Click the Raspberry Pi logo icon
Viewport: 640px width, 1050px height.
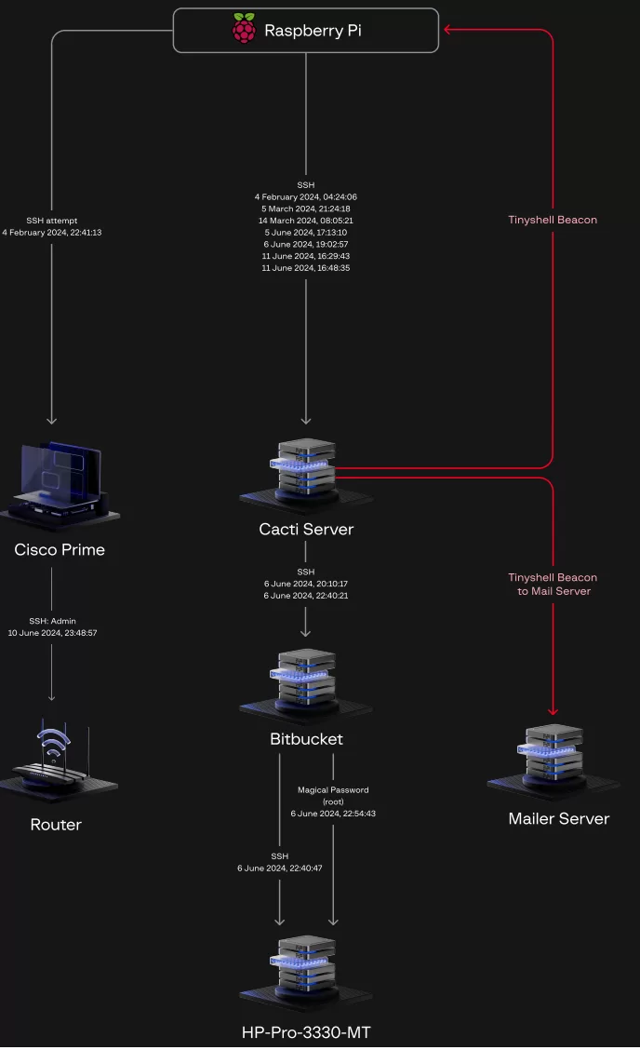pos(244,30)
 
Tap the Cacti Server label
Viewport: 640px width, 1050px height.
pos(306,530)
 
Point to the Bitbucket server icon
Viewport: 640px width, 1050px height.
pos(306,683)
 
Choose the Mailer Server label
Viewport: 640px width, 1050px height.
pos(558,819)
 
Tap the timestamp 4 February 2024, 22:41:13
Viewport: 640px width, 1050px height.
pos(52,233)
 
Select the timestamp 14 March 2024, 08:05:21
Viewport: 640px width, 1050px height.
pos(306,221)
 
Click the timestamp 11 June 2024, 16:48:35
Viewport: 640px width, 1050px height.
pos(306,268)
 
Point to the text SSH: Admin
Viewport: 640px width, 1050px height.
pos(52,620)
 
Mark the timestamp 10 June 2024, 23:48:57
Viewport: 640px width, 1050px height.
pos(52,633)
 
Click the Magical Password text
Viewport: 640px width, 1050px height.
pos(333,790)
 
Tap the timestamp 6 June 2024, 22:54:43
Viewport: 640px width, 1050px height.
pos(333,814)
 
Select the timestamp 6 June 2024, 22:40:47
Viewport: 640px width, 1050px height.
pos(280,868)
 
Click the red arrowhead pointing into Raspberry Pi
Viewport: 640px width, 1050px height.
pos(447,30)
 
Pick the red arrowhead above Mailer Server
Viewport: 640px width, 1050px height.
pos(553,712)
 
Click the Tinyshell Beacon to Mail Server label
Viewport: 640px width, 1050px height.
pos(553,585)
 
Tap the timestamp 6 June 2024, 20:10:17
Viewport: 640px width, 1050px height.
pos(306,584)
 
